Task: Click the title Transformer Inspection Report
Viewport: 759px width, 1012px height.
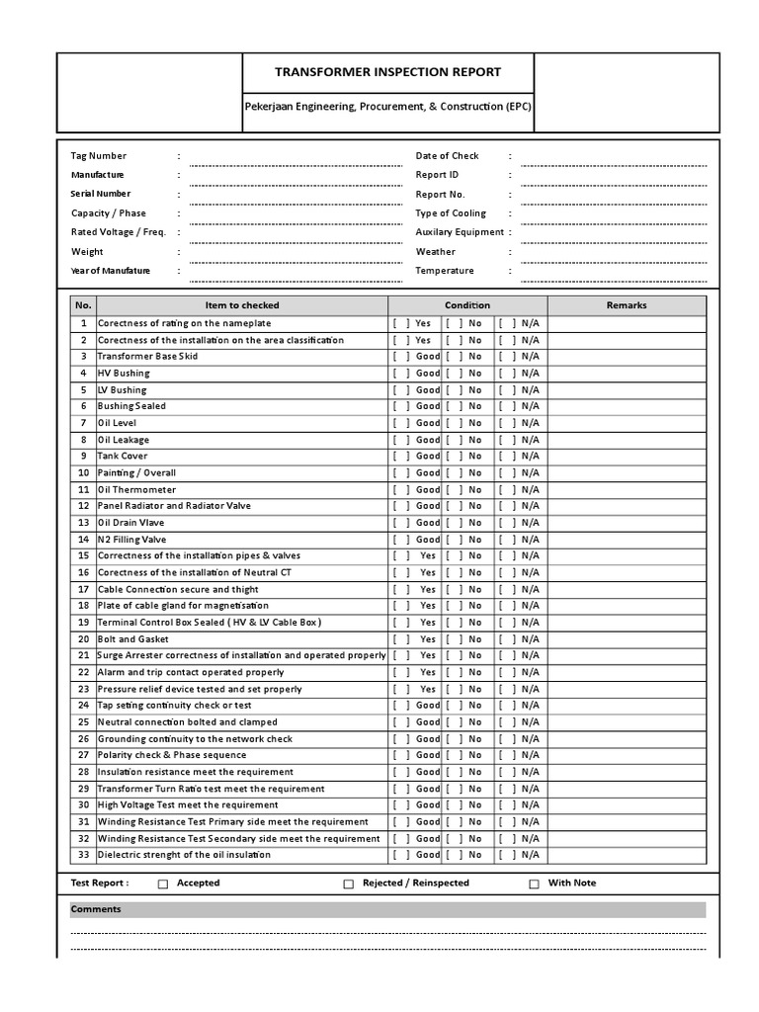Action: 387,72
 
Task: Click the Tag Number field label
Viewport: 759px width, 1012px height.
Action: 99,156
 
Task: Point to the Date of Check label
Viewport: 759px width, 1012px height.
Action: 447,156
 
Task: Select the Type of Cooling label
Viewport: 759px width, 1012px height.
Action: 451,213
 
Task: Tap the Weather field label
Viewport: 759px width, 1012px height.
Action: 436,252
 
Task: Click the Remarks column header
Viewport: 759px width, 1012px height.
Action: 627,305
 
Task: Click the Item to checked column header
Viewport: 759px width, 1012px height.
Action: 241,305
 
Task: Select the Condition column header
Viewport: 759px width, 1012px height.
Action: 466,305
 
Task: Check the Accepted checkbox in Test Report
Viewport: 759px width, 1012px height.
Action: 164,885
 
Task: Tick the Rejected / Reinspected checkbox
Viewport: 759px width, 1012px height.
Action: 349,885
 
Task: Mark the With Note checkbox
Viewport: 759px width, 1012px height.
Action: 535,885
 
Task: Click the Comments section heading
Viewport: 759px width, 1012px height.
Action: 96,909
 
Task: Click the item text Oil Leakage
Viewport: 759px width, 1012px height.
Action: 125,440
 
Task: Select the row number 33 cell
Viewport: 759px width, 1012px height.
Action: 84,855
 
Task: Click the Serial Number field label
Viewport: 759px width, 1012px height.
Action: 101,194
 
